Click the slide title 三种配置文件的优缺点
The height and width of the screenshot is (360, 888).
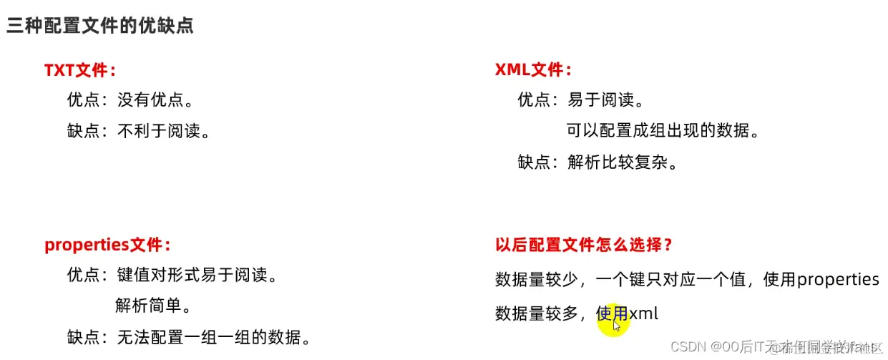[x=100, y=26]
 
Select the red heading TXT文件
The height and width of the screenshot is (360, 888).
[x=79, y=70]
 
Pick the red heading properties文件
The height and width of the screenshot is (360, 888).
[x=107, y=245]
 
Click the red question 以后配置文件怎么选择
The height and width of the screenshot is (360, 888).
[x=583, y=245]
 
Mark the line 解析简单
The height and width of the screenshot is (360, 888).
[x=152, y=306]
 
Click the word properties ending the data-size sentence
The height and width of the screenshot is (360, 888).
[x=838, y=279]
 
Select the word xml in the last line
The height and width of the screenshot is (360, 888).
[x=643, y=313]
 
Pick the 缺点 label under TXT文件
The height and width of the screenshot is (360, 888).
[x=84, y=131]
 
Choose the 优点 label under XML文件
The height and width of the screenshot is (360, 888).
[x=535, y=100]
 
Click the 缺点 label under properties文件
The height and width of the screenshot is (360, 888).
[x=84, y=336]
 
